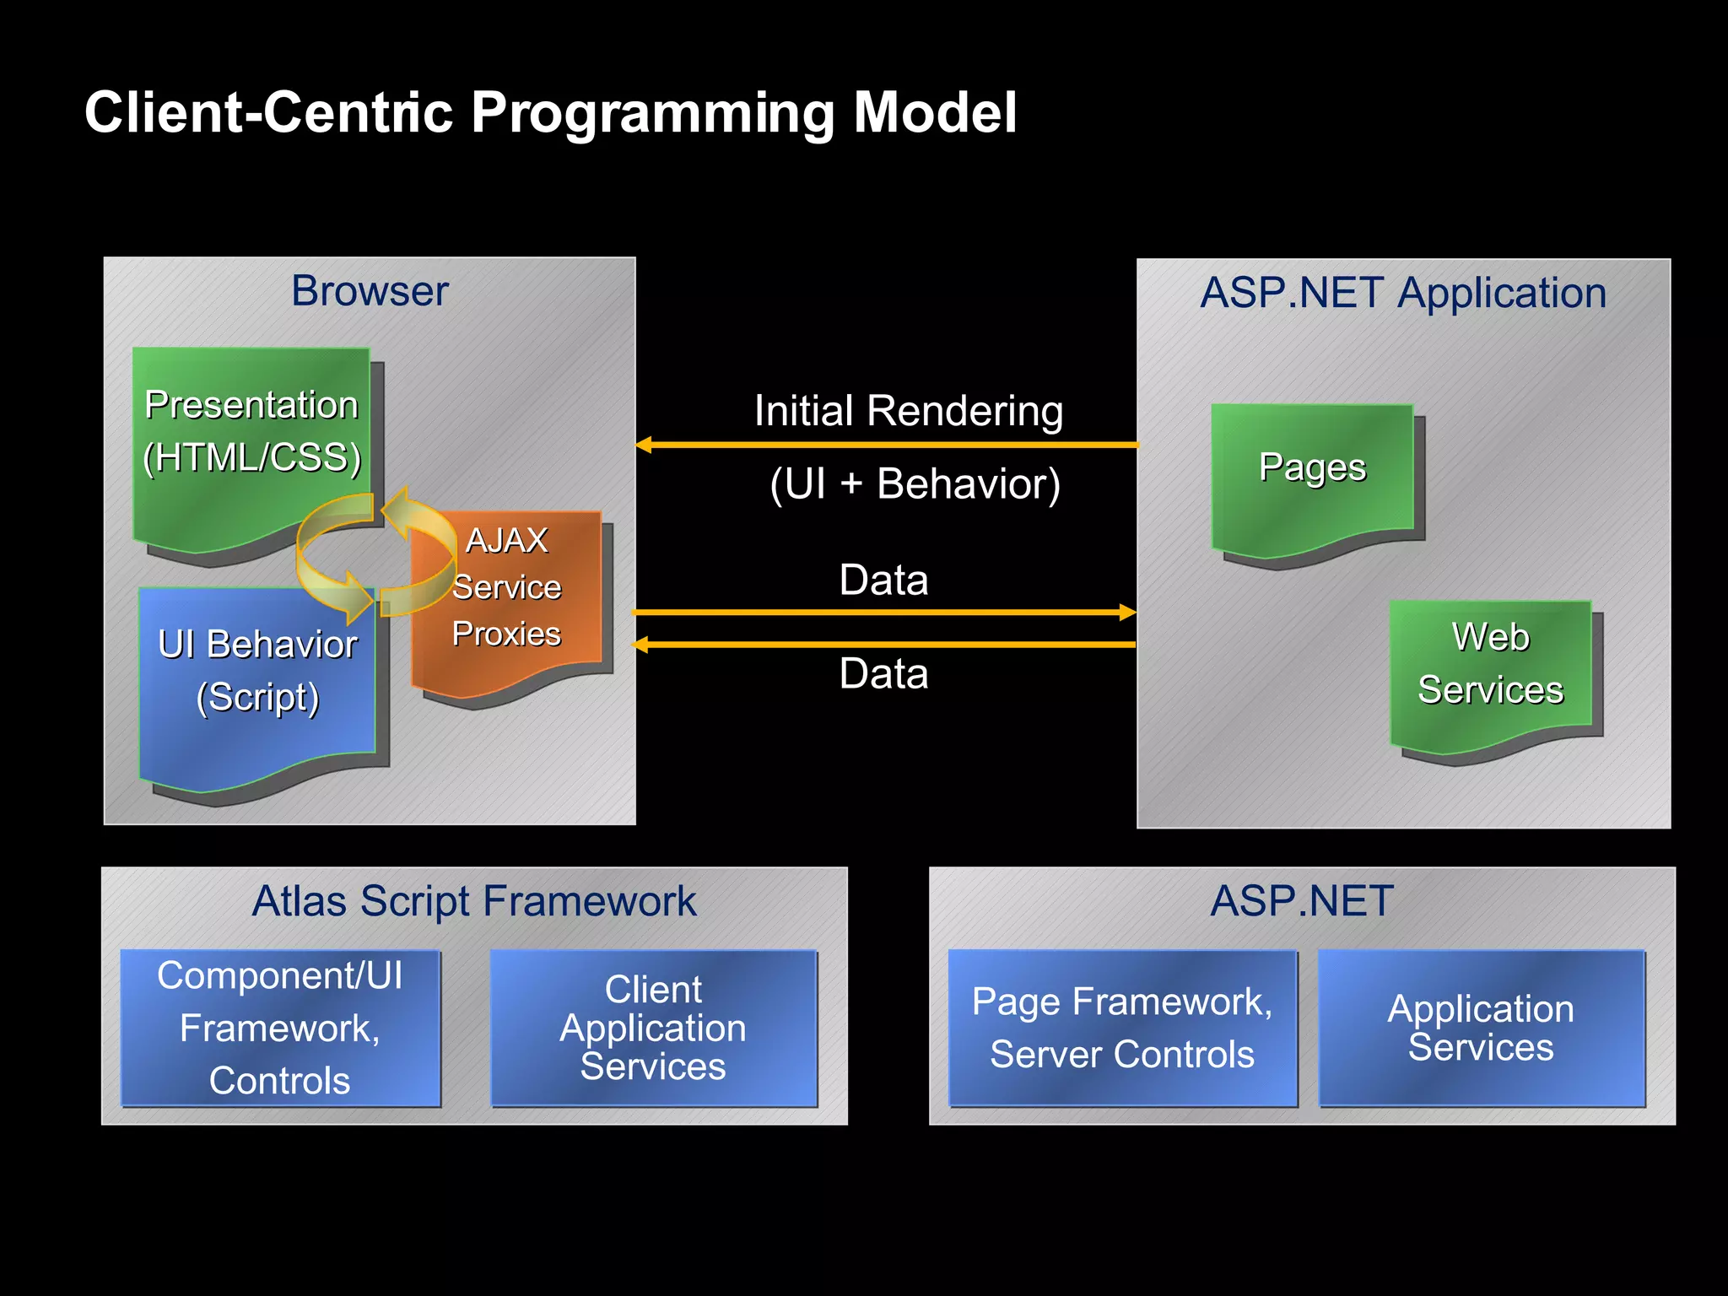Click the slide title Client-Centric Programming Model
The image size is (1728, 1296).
tap(550, 112)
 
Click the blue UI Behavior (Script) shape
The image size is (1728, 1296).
tap(257, 675)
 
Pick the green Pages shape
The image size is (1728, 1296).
tap(1312, 472)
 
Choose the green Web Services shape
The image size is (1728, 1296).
tap(1490, 667)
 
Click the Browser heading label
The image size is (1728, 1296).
tap(370, 291)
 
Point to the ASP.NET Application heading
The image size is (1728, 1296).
tap(1403, 293)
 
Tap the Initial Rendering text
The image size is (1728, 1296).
tap(908, 411)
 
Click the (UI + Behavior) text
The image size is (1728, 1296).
tap(915, 484)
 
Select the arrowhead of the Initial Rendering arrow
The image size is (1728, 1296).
tap(644, 445)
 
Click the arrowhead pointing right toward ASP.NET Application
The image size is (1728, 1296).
tap(1127, 612)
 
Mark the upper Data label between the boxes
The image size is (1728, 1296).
tap(883, 580)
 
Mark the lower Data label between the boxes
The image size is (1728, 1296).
tap(883, 673)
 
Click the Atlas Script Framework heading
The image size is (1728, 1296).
tap(474, 901)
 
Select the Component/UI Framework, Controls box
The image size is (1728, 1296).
tap(280, 1028)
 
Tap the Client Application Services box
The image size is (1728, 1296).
tap(653, 1028)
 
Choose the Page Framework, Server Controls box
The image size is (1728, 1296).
tap(1122, 1028)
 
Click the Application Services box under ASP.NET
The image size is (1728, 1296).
tap(1482, 1028)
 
